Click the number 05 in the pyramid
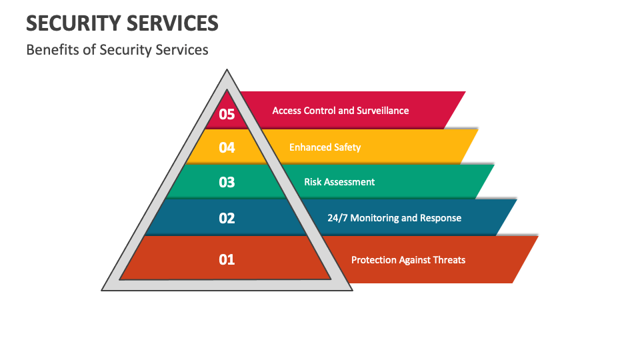pyautogui.click(x=227, y=114)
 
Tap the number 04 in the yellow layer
pyautogui.click(x=227, y=147)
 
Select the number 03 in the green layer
pyautogui.click(x=227, y=182)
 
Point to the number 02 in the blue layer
pyautogui.click(x=227, y=218)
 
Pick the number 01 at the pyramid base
pyautogui.click(x=227, y=259)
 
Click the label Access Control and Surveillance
pyautogui.click(x=341, y=111)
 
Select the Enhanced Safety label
pyautogui.click(x=325, y=147)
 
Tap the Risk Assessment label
pyautogui.click(x=339, y=181)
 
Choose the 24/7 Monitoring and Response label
pyautogui.click(x=394, y=218)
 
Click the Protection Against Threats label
pyautogui.click(x=408, y=260)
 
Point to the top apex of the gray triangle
pyautogui.click(x=227, y=69)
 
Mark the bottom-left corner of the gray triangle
pyautogui.click(x=101, y=290)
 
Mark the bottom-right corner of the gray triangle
pyautogui.click(x=352, y=290)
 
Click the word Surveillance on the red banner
pyautogui.click(x=383, y=111)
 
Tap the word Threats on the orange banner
pyautogui.click(x=449, y=260)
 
